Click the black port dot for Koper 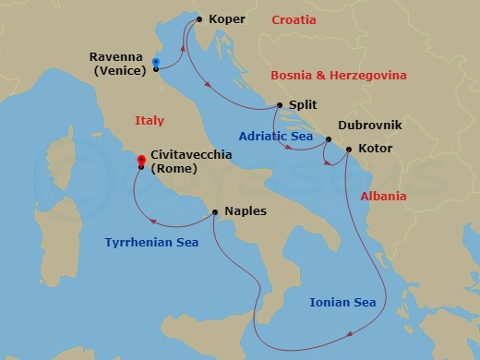(x=198, y=18)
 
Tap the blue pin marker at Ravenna (x=155, y=62)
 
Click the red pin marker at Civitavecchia (x=140, y=160)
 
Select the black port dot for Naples (x=214, y=211)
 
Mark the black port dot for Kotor (x=348, y=149)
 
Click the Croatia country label (x=294, y=19)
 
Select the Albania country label (x=383, y=197)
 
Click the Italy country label (x=149, y=120)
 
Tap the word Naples (x=245, y=211)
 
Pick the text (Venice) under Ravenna (x=116, y=69)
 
